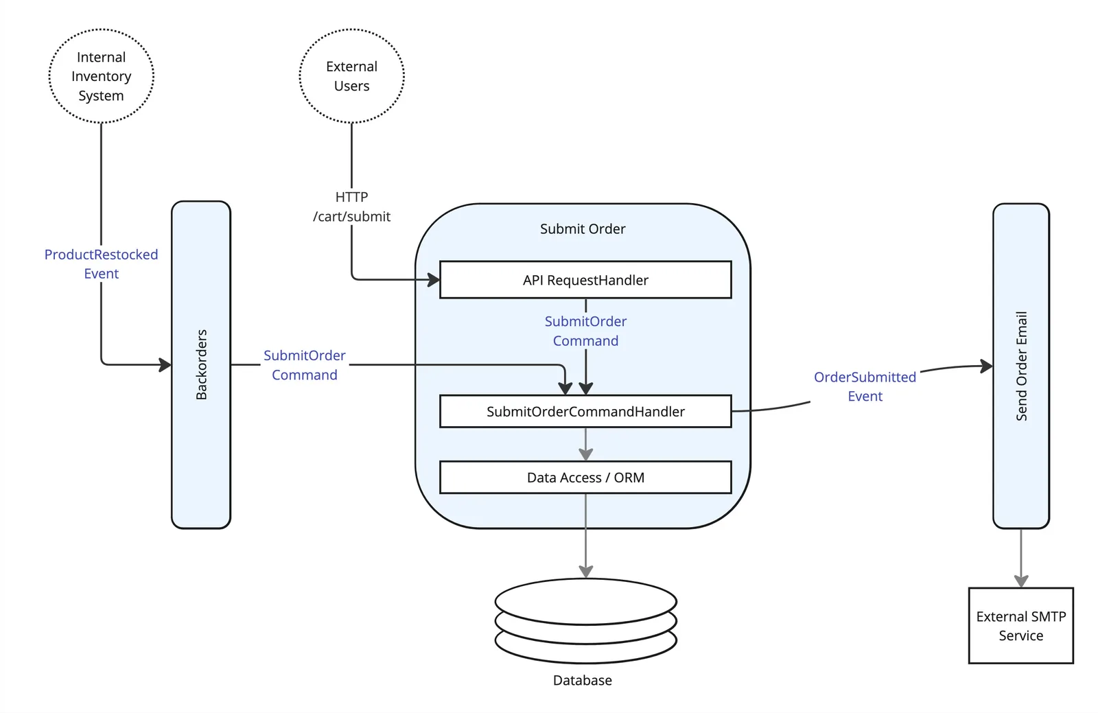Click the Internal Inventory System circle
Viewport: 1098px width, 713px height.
click(x=101, y=76)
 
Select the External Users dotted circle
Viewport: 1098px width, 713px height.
click(x=351, y=76)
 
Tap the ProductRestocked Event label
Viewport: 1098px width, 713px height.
click(x=101, y=264)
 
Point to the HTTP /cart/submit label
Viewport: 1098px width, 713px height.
click(x=351, y=207)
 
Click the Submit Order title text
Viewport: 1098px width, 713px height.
click(x=582, y=229)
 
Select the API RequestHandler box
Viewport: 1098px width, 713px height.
click(x=585, y=280)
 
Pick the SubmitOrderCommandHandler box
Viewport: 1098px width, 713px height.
click(x=585, y=412)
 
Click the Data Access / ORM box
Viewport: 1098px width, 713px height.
click(x=585, y=478)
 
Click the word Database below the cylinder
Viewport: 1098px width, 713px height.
click(x=582, y=680)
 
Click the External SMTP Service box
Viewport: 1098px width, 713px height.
click(x=1020, y=626)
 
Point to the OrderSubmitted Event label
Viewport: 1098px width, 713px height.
click(x=865, y=386)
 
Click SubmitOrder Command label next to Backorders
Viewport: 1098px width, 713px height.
click(x=305, y=365)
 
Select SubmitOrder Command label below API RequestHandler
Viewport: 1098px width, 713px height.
click(x=585, y=331)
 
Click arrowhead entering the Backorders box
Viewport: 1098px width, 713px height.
click(x=165, y=364)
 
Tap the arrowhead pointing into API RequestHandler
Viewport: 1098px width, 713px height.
click(x=434, y=279)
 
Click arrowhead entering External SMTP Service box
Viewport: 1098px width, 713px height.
click(x=1020, y=581)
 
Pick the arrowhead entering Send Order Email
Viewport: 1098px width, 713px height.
click(x=987, y=366)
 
